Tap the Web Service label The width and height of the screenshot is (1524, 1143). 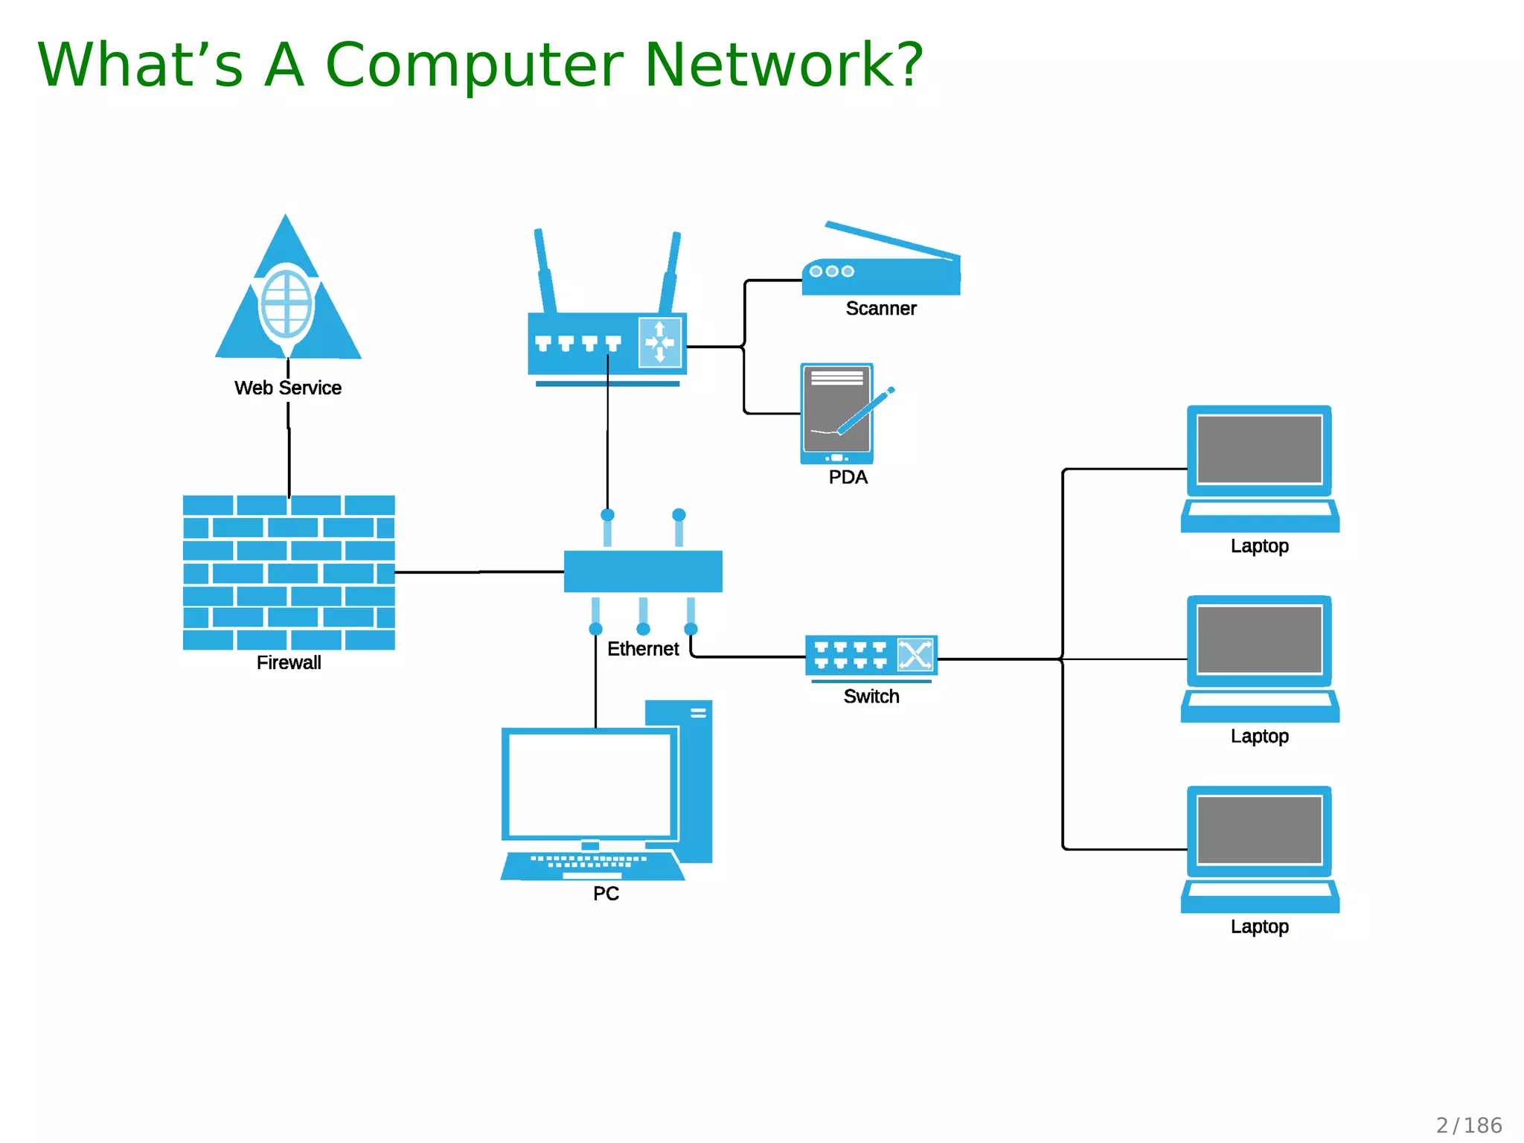point(287,388)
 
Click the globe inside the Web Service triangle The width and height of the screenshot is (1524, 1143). point(286,304)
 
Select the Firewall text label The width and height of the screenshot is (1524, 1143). point(289,662)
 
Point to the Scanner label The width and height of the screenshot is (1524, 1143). point(880,308)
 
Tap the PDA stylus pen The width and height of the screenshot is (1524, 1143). point(865,411)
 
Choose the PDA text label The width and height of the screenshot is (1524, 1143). point(848,477)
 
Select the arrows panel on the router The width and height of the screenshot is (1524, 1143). point(659,342)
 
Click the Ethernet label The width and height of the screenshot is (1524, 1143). point(643,649)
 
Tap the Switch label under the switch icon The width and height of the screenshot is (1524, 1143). point(871,697)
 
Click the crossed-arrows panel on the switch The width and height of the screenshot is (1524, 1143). point(915,655)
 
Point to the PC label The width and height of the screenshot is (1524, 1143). point(606,893)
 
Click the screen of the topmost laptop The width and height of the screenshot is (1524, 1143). point(1259,449)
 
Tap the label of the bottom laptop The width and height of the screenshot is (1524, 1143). point(1259,926)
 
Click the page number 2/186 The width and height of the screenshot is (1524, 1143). point(1468,1125)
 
